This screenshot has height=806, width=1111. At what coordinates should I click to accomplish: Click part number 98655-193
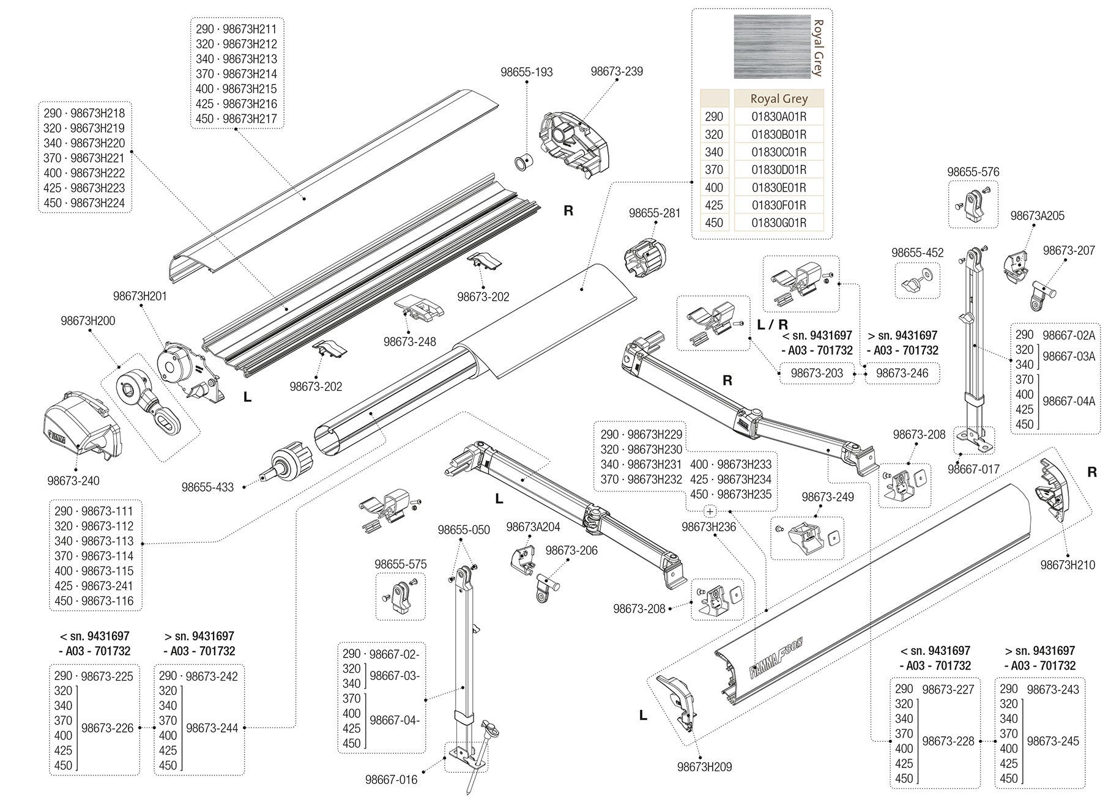point(526,72)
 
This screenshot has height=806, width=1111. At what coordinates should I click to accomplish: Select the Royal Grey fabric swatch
point(771,47)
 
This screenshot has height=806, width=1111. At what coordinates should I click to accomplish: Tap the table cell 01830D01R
point(778,170)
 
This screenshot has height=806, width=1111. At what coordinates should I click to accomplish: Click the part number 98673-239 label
point(616,72)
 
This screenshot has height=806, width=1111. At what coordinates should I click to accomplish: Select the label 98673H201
point(139,296)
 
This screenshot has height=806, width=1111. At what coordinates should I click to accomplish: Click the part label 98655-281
point(654,213)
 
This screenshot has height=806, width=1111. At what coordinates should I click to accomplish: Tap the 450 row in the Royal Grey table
point(714,223)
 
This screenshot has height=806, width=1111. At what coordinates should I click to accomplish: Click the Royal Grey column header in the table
point(778,99)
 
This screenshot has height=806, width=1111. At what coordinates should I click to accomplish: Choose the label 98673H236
point(708,527)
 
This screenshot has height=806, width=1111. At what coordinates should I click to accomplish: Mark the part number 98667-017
point(973,469)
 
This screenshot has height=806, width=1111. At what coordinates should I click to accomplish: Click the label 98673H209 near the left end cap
point(704,767)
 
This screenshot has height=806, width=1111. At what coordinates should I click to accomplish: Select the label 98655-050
point(463,530)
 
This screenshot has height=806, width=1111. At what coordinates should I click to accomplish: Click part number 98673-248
point(409,342)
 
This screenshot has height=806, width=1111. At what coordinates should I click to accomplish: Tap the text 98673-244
point(212,728)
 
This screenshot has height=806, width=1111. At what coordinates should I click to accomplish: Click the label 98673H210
point(1068,565)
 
